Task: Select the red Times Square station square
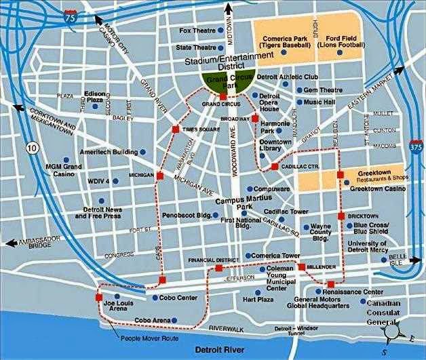(175, 129)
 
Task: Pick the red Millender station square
(302, 266)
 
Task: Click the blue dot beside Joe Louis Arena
(117, 296)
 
